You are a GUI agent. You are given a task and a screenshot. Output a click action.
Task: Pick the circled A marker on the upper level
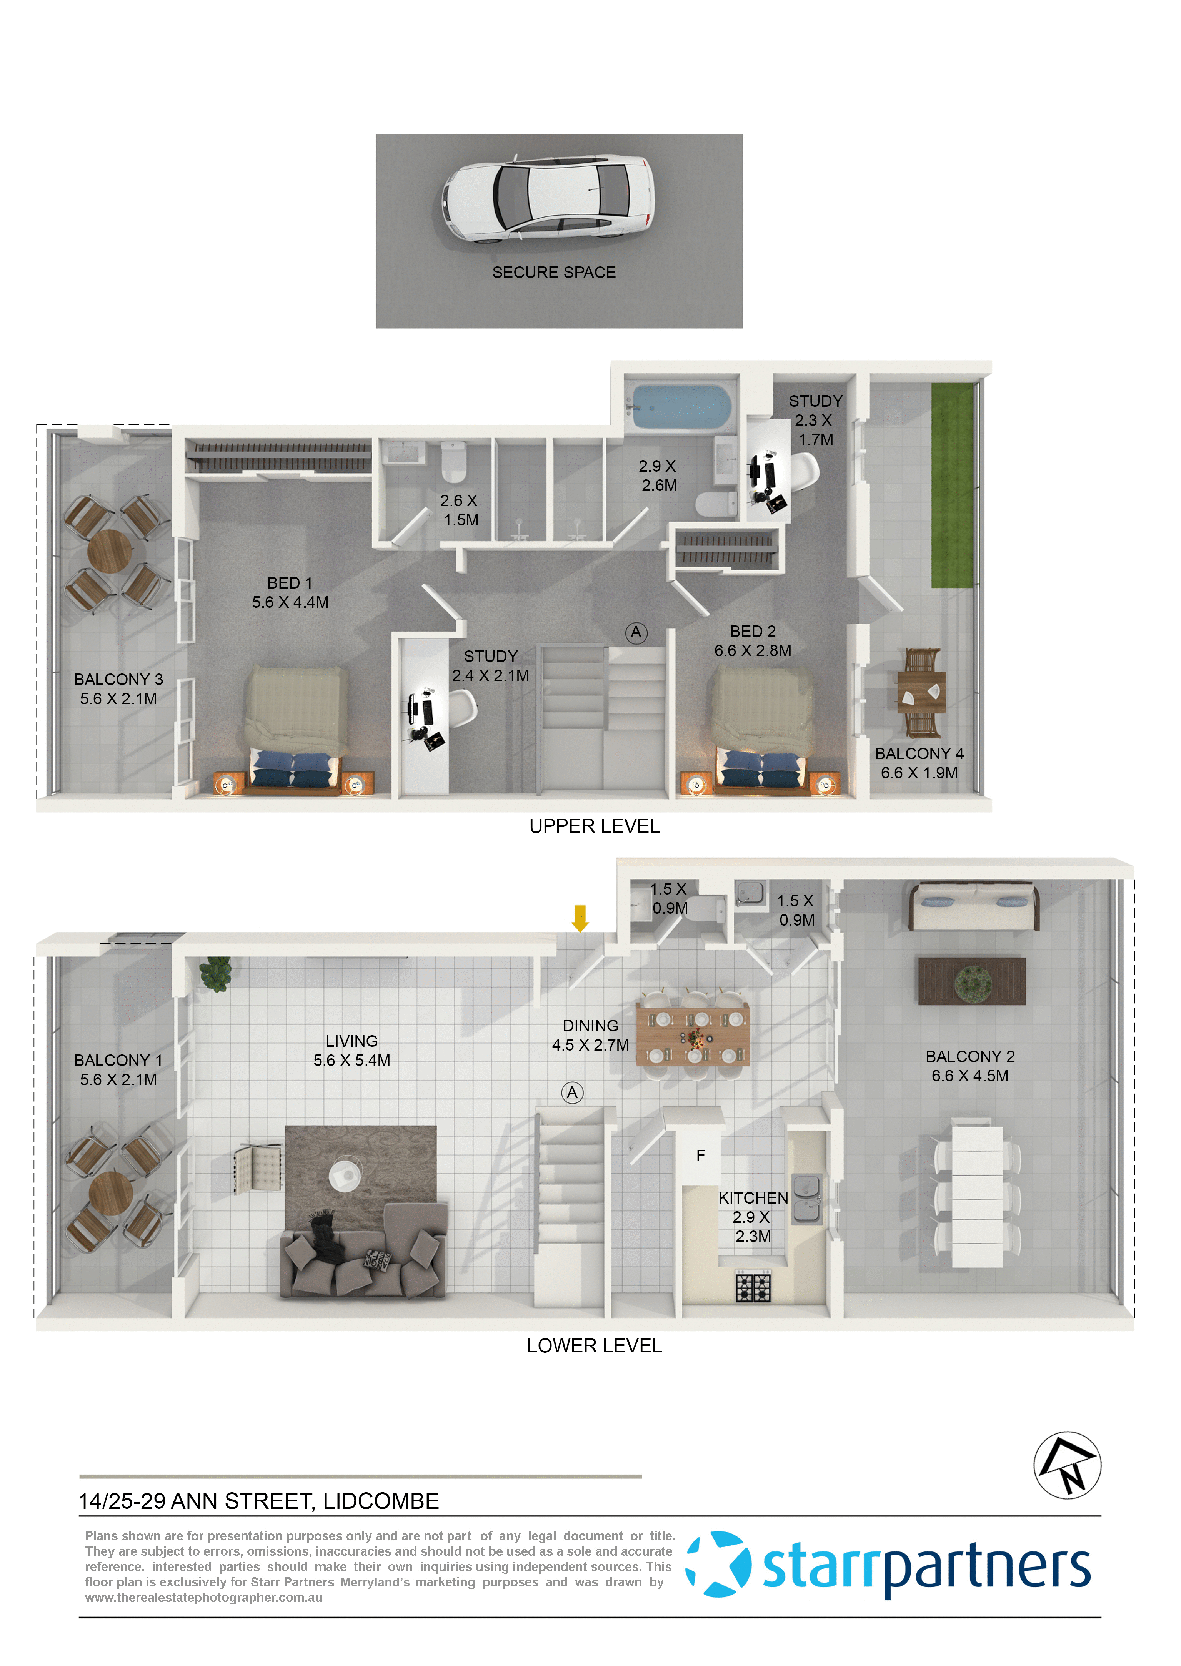636,632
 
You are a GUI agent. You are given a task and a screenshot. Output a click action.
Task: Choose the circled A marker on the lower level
572,1092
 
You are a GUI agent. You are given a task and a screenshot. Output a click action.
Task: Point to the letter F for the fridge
700,1156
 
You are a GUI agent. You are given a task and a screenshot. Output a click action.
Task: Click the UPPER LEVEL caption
594,826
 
